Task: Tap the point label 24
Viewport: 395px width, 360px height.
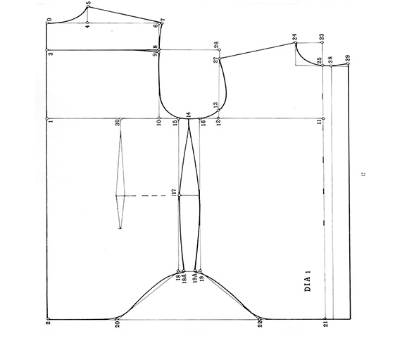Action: (x=295, y=37)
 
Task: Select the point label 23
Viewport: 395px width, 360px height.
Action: (x=320, y=37)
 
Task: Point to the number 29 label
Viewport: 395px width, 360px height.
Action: (x=348, y=57)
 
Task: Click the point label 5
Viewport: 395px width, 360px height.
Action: (x=89, y=4)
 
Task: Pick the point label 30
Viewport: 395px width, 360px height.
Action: (x=117, y=122)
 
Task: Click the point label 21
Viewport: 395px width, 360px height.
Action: (x=325, y=325)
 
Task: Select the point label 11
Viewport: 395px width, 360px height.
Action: (x=319, y=122)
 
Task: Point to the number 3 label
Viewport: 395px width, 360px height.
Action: (x=51, y=54)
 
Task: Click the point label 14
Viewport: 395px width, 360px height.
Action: (x=188, y=114)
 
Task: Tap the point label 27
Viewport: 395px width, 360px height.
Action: (x=215, y=61)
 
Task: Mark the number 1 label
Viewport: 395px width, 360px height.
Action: (x=51, y=122)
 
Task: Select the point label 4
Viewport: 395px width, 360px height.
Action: (x=87, y=27)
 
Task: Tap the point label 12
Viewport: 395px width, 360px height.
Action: (x=217, y=123)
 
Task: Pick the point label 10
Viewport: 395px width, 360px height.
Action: (x=159, y=123)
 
